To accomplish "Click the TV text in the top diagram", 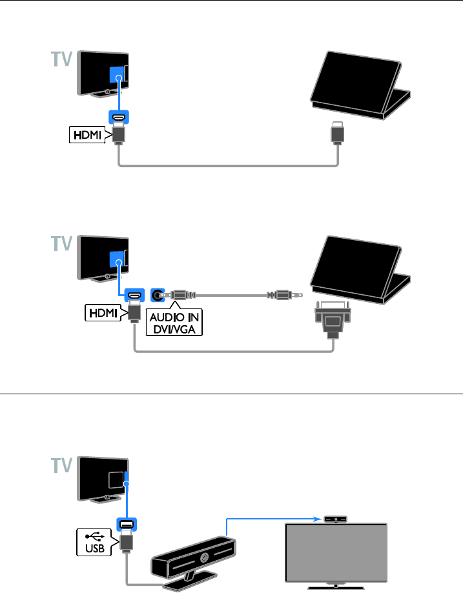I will [x=61, y=61].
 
